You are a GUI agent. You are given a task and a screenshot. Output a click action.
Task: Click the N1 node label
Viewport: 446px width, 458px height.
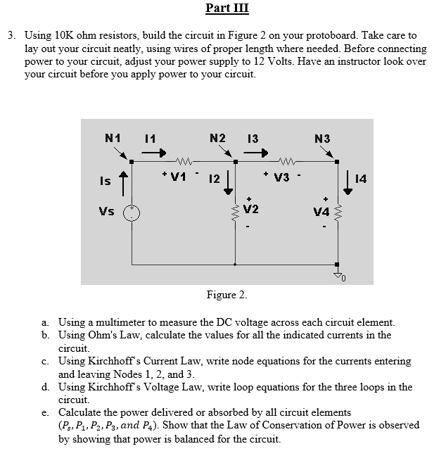[113, 138]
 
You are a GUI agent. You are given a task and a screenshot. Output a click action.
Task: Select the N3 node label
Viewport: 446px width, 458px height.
[321, 138]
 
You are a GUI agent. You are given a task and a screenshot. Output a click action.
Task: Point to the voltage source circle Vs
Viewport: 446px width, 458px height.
[131, 213]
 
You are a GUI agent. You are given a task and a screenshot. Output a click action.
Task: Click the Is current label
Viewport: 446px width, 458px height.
[103, 181]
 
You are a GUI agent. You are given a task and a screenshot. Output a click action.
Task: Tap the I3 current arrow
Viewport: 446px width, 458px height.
[260, 151]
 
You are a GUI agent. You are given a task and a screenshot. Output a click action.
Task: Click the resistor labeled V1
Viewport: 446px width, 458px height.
[184, 163]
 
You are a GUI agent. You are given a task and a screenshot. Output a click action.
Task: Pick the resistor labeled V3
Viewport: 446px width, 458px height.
[286, 163]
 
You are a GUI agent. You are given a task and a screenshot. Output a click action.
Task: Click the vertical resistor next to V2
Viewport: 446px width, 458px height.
[236, 210]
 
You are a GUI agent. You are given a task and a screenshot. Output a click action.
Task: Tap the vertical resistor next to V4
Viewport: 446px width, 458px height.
[338, 210]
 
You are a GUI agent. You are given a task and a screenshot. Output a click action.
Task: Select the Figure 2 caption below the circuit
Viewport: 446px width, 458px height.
[227, 293]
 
